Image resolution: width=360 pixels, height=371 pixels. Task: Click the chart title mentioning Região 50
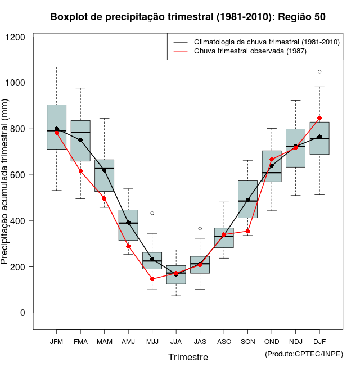188,17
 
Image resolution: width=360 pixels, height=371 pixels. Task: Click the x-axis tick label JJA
176,342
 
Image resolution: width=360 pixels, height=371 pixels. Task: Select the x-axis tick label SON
247,342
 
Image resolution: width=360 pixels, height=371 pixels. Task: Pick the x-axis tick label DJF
319,342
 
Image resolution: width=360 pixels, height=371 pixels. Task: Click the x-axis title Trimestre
188,357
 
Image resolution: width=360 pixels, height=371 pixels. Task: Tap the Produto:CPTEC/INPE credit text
304,354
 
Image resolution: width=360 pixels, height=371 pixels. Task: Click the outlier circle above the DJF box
319,71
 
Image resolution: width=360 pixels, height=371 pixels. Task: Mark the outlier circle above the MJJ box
152,213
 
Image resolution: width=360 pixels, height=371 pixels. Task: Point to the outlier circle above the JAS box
200,228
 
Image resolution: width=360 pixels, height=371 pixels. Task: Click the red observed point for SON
247,231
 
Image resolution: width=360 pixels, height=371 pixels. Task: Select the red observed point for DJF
319,119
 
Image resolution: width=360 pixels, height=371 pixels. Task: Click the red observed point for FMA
80,171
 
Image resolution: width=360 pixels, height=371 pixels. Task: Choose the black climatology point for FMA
80,140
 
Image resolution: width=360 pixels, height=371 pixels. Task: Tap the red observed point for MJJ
152,279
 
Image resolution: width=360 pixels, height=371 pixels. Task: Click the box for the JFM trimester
56,126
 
